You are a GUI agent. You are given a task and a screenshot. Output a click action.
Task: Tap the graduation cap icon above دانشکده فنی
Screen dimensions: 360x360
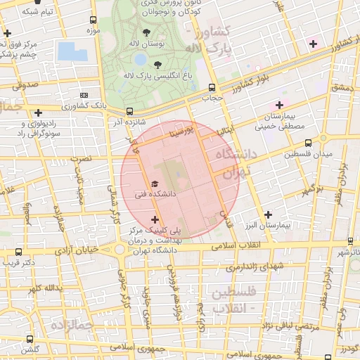tap(155, 184)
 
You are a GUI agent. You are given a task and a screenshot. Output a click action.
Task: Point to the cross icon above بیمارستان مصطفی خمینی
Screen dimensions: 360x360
tap(279, 105)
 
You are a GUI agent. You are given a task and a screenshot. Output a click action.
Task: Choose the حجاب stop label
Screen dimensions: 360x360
tap(212, 98)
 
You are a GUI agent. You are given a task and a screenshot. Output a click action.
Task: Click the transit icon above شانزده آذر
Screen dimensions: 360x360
tap(129, 111)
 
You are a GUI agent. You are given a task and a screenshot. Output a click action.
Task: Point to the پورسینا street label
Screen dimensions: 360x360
tap(181, 131)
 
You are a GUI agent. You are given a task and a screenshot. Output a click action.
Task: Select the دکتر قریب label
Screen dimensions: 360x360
tap(39, 262)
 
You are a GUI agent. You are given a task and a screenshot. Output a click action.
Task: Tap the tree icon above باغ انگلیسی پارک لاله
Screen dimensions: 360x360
tap(166, 64)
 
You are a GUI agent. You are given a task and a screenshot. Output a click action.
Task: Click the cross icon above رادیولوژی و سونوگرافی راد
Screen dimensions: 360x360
tap(37, 112)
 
